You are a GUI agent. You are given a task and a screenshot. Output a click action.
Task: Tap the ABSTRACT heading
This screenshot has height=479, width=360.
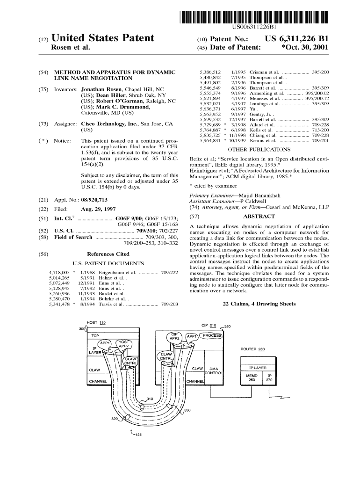point(259,217)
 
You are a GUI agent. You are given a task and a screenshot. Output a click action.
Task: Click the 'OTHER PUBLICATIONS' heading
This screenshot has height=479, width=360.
point(259,150)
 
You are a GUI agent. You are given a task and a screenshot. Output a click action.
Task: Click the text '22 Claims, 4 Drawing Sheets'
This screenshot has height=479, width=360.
point(259,304)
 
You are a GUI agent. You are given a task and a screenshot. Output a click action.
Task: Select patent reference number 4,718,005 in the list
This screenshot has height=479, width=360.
point(59,272)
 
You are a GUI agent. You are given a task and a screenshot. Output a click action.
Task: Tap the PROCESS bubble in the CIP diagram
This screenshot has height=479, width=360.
point(211,335)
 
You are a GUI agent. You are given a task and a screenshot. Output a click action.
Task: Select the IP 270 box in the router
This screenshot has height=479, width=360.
point(269,377)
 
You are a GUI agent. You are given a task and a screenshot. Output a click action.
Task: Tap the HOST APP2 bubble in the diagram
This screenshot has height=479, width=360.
point(124,344)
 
